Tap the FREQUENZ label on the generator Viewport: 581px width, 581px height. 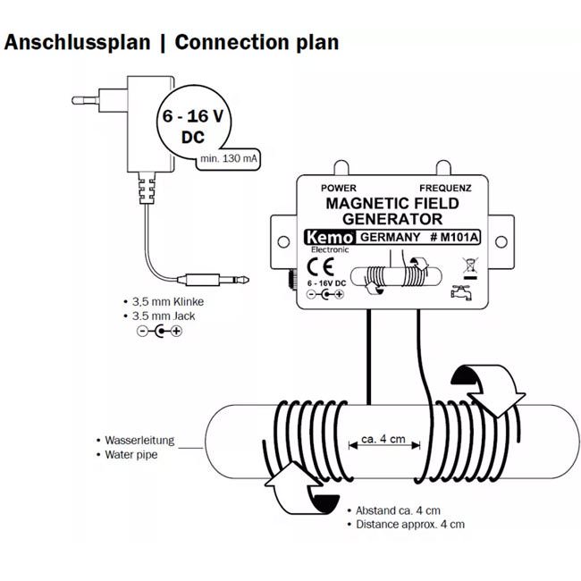click(x=451, y=189)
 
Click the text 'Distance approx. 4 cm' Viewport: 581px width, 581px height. click(x=410, y=525)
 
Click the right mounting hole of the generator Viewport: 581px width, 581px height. click(x=500, y=240)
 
